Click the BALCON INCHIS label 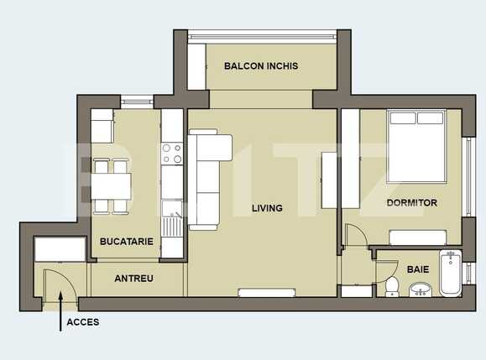point(261,66)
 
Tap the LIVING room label point(267,208)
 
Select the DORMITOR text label point(411,203)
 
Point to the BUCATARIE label point(126,242)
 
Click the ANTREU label point(133,279)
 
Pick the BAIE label point(417,270)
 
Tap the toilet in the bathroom point(391,284)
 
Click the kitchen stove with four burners point(172,153)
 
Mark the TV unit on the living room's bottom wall point(266,292)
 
